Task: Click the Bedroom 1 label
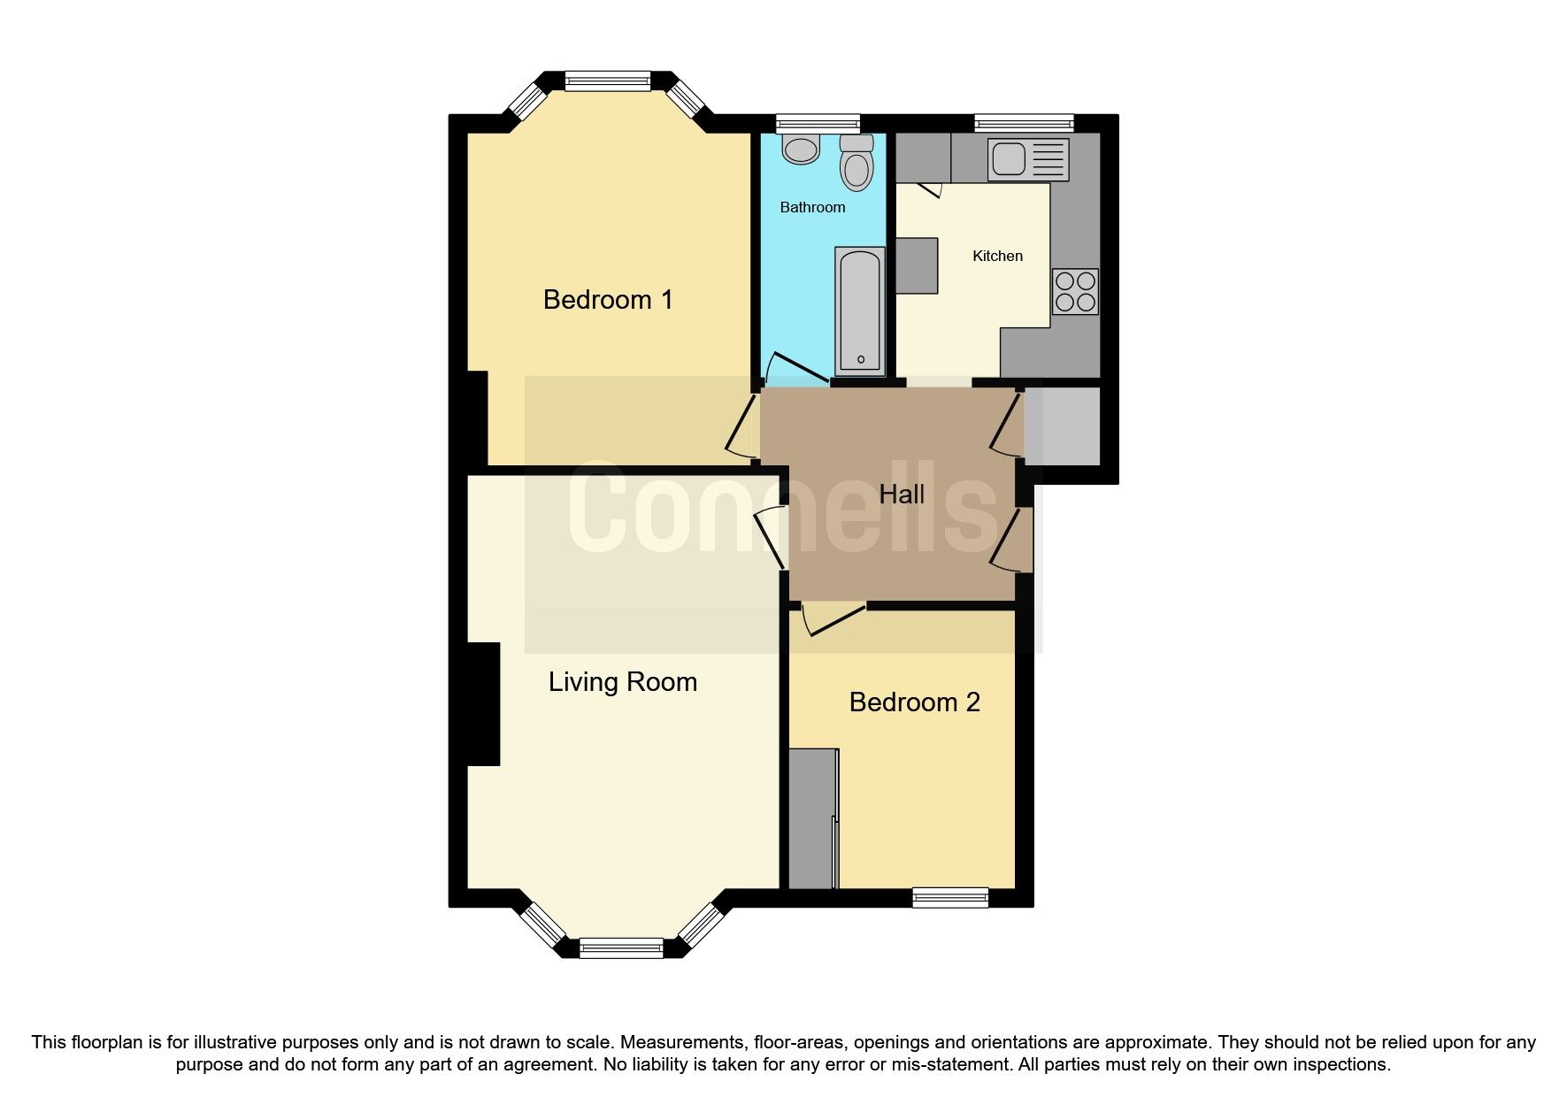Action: coord(608,300)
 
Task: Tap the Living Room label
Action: coord(622,682)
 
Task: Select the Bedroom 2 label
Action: coord(914,702)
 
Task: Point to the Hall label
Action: coord(902,495)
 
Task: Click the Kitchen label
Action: coord(997,257)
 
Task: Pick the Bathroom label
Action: coord(812,208)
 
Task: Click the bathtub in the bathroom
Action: coord(859,310)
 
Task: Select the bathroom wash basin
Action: coord(802,150)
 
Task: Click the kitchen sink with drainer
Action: coord(1028,159)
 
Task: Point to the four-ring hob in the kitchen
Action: coord(1075,292)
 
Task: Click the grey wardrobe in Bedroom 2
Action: coord(811,818)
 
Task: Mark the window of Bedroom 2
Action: coord(950,898)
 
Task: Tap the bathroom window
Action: coord(818,124)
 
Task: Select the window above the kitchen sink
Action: coord(1024,124)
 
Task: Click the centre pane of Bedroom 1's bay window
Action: coord(607,81)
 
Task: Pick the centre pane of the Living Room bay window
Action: coord(621,948)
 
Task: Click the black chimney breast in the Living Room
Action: coord(483,703)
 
